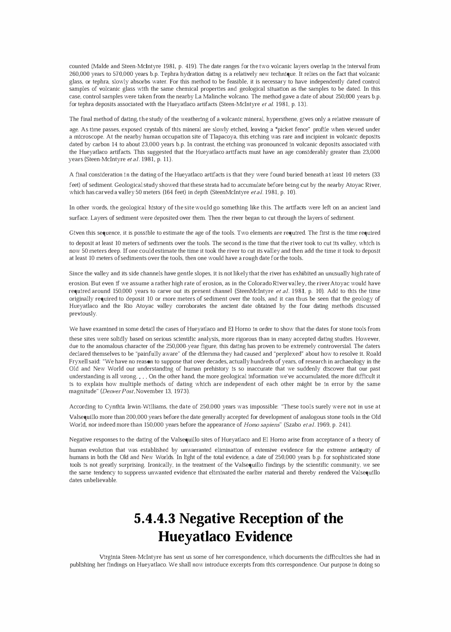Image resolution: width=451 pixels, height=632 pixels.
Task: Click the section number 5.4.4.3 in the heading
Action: pos(155,519)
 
